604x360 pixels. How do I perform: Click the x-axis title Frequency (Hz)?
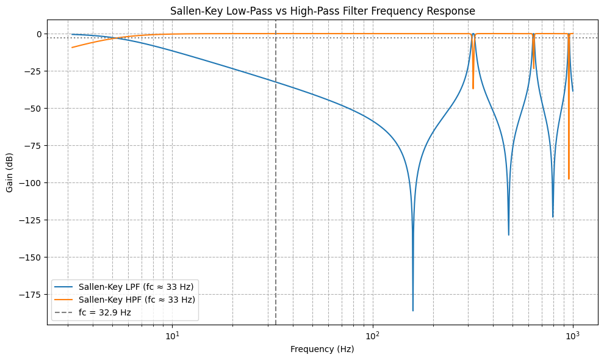[x=322, y=350]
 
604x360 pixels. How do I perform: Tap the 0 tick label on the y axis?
[x=38, y=34]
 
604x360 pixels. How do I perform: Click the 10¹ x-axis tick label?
[x=173, y=335]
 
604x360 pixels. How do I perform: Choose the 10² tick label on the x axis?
[x=372, y=335]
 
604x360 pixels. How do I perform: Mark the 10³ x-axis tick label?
[x=572, y=335]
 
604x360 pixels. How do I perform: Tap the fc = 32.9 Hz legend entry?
[x=105, y=312]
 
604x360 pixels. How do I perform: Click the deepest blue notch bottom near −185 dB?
[x=412, y=311]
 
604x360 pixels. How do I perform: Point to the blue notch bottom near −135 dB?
[x=508, y=235]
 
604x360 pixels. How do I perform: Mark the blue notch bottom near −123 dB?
[x=553, y=217]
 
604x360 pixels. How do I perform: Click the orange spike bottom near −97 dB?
[x=569, y=179]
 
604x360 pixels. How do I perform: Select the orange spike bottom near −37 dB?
[x=473, y=88]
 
